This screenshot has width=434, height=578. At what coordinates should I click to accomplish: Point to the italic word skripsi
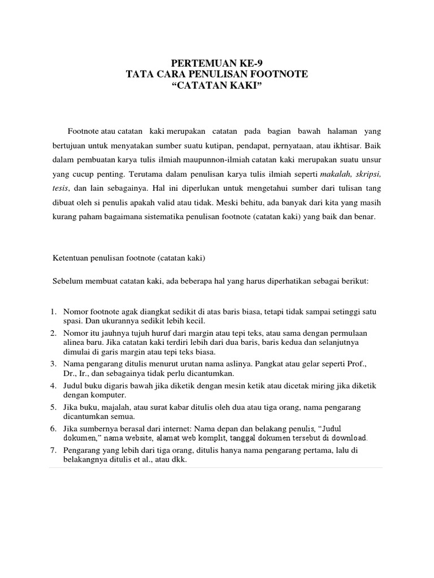tap(368, 173)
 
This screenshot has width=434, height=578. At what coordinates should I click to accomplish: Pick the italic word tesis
tap(60, 187)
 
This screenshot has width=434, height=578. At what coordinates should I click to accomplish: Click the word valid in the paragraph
tap(196, 202)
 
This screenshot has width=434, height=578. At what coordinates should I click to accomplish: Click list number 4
tap(53, 386)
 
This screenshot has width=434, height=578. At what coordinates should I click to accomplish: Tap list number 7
tap(53, 450)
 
